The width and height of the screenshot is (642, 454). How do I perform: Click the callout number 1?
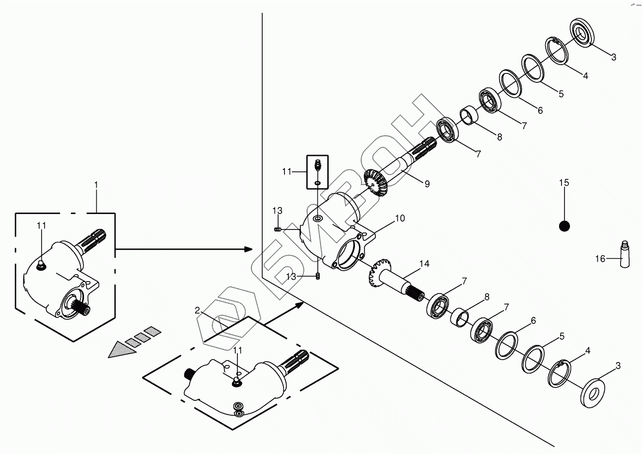tap(96, 184)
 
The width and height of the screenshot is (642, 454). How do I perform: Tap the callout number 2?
tap(197, 310)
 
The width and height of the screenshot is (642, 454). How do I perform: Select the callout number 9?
tap(427, 184)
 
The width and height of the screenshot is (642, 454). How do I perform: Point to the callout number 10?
tap(400, 218)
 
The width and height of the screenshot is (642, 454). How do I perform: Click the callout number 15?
tap(564, 183)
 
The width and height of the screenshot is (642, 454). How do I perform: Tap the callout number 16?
tap(600, 258)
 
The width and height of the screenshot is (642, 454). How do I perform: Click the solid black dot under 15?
tap(564, 226)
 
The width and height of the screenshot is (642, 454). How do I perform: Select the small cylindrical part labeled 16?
tap(625, 254)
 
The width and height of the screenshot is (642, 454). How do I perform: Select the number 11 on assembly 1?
tap(42, 226)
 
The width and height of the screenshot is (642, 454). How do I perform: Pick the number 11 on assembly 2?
tap(238, 350)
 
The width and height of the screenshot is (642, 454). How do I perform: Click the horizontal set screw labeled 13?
tap(279, 228)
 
